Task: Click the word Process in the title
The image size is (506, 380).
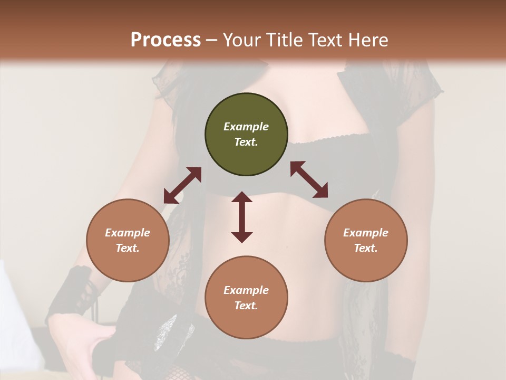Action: click(166, 40)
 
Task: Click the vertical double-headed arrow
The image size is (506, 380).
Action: click(242, 217)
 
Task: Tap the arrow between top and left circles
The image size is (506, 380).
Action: click(182, 185)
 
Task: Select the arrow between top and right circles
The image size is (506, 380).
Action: click(309, 179)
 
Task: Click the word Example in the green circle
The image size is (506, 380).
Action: click(246, 127)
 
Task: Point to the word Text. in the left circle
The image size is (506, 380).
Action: click(128, 248)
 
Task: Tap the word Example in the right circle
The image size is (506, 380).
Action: click(366, 233)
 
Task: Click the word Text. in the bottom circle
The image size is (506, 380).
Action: click(246, 306)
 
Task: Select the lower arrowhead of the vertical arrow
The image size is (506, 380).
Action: click(242, 237)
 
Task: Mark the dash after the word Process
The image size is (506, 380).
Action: click(212, 40)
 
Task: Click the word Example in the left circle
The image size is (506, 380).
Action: click(128, 233)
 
